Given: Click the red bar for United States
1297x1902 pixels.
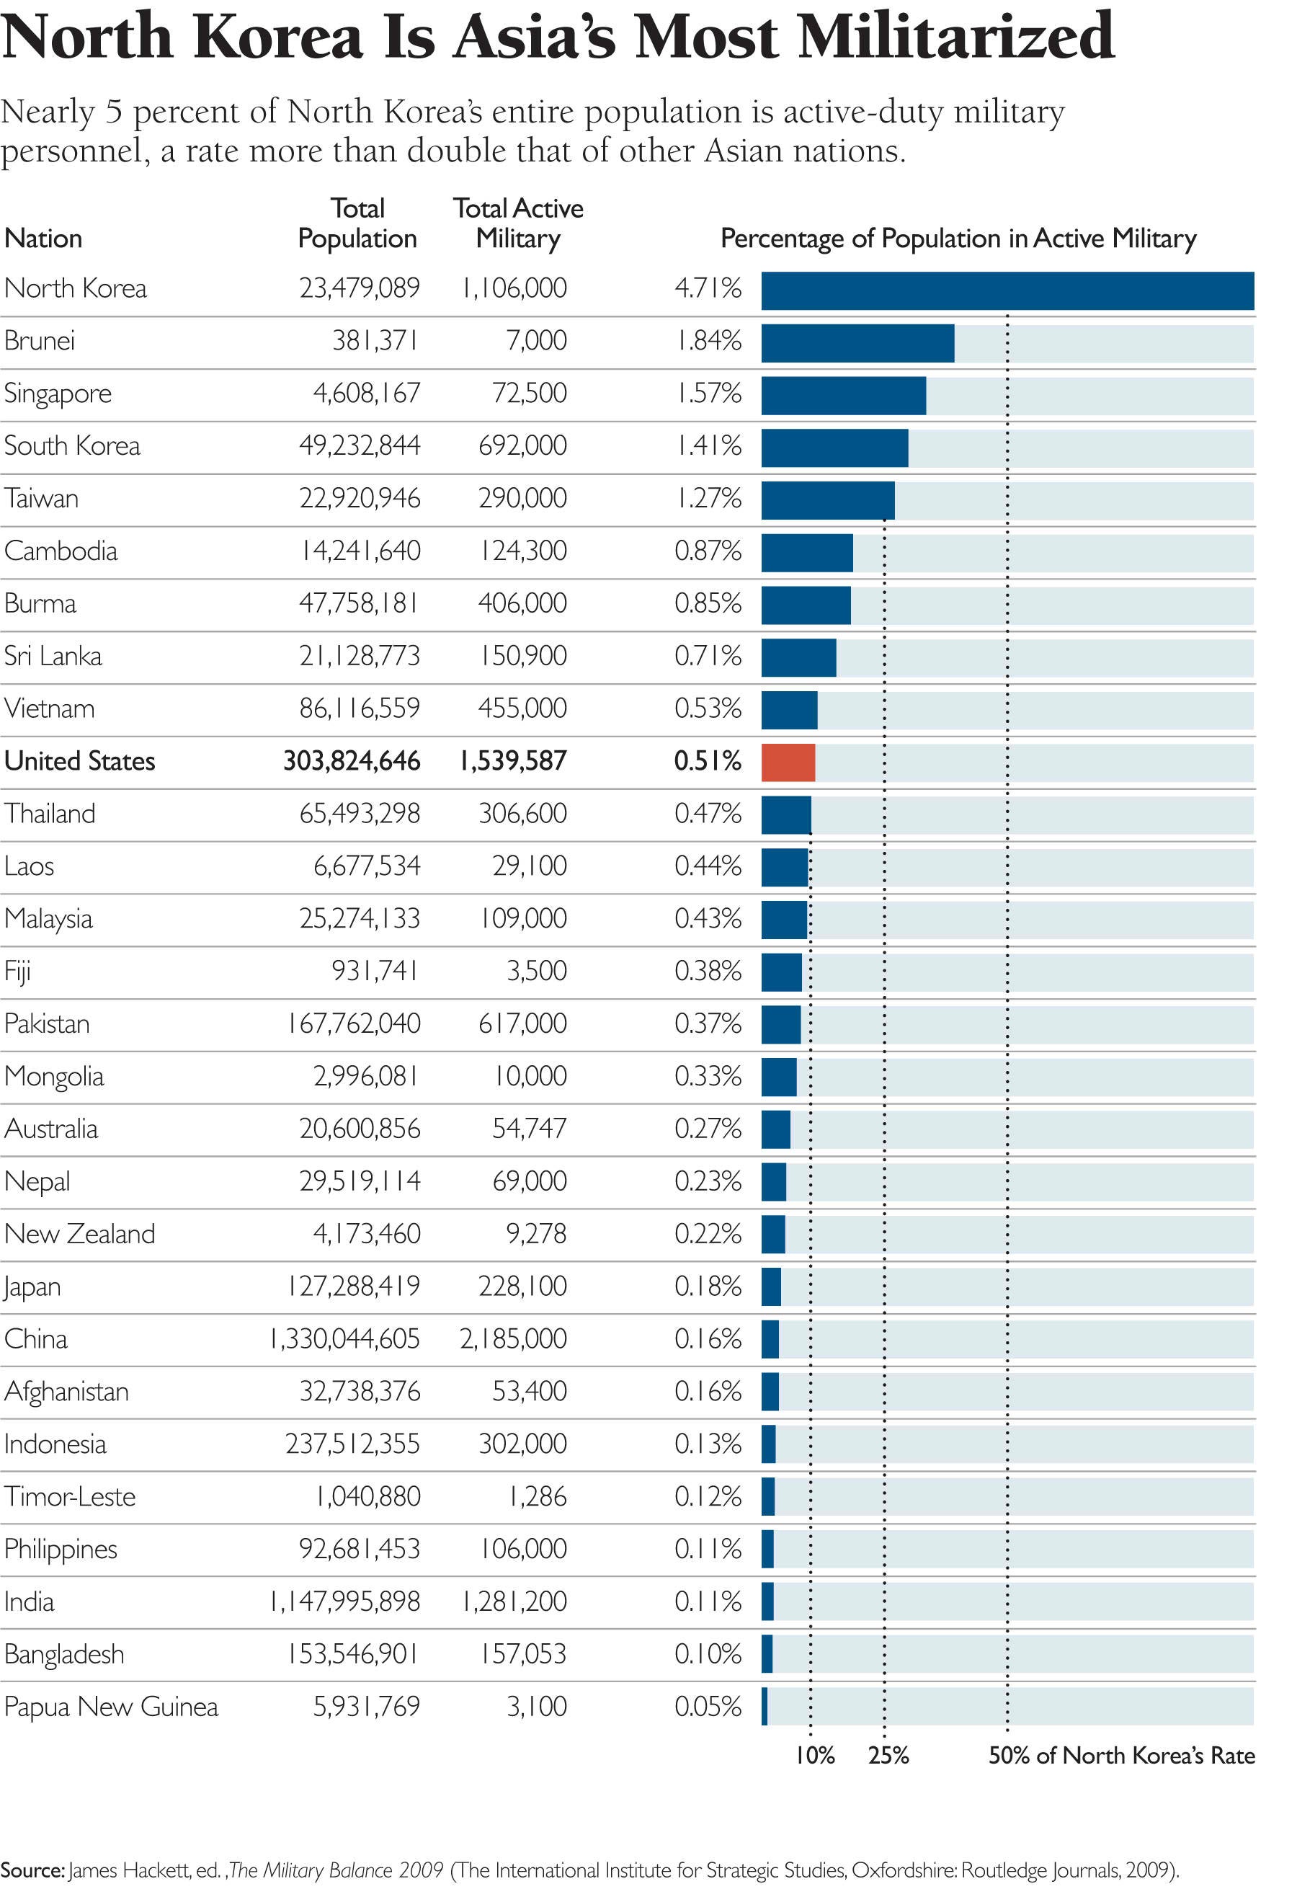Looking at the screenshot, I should point(788,763).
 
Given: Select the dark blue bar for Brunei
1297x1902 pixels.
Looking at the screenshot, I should point(857,343).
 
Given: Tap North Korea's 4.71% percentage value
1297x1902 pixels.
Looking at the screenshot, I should point(708,288).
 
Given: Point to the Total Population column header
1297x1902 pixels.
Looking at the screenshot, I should point(357,223).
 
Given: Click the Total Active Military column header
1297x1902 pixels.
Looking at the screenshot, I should point(518,223).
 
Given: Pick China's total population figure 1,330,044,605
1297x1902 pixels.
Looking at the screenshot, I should point(344,1339).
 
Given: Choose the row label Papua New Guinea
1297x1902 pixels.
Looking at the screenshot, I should point(111,1707).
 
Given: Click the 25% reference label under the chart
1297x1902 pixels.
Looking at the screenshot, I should point(888,1756).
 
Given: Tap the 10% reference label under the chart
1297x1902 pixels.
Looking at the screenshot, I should point(815,1756).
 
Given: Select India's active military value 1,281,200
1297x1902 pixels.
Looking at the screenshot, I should point(514,1601).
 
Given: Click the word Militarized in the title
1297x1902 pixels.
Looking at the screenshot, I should point(955,37).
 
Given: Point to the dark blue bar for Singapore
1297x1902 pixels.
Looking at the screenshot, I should point(844,395).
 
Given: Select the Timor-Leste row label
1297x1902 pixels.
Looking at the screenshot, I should point(70,1497).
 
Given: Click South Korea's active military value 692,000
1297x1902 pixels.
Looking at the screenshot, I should point(522,446).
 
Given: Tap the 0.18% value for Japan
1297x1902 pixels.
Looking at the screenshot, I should point(708,1286).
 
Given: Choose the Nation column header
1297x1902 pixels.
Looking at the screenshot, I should point(43,239).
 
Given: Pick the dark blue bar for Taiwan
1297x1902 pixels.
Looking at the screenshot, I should point(828,500).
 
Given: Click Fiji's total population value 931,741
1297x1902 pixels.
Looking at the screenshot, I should point(375,972).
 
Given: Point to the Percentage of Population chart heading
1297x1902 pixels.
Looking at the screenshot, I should point(958,239).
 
